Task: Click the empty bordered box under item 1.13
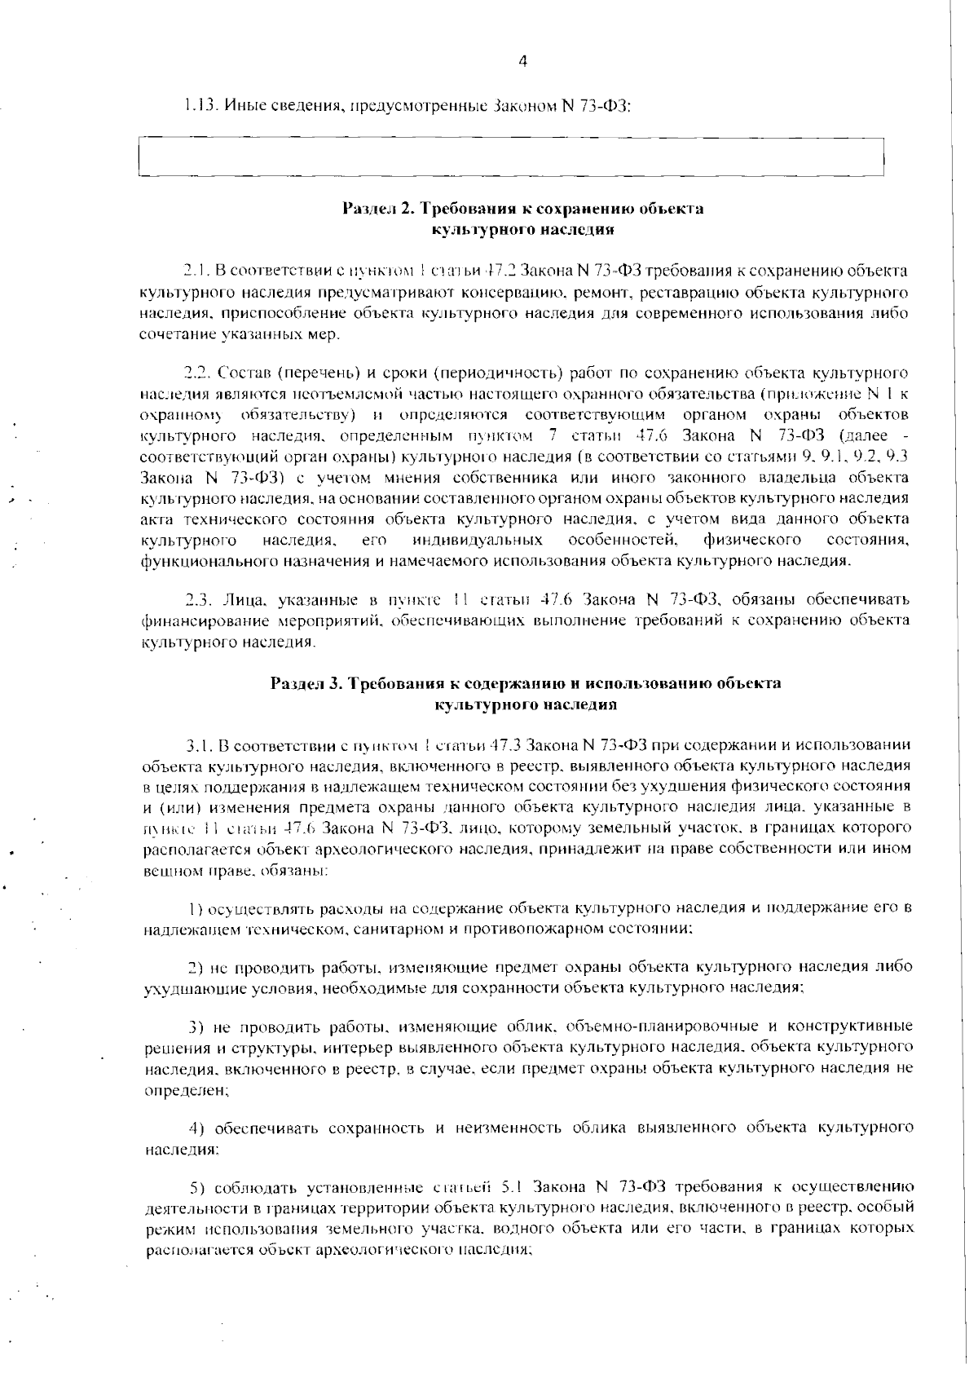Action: point(511,157)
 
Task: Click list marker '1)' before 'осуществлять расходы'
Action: point(196,908)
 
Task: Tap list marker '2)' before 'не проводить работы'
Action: point(196,968)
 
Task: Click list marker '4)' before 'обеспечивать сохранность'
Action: point(196,1128)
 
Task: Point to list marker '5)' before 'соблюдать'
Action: point(196,1186)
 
